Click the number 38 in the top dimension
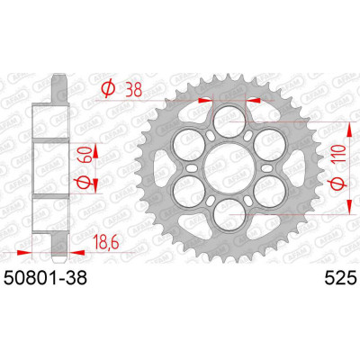point(134,89)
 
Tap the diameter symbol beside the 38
point(109,89)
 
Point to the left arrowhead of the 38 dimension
point(204,102)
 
